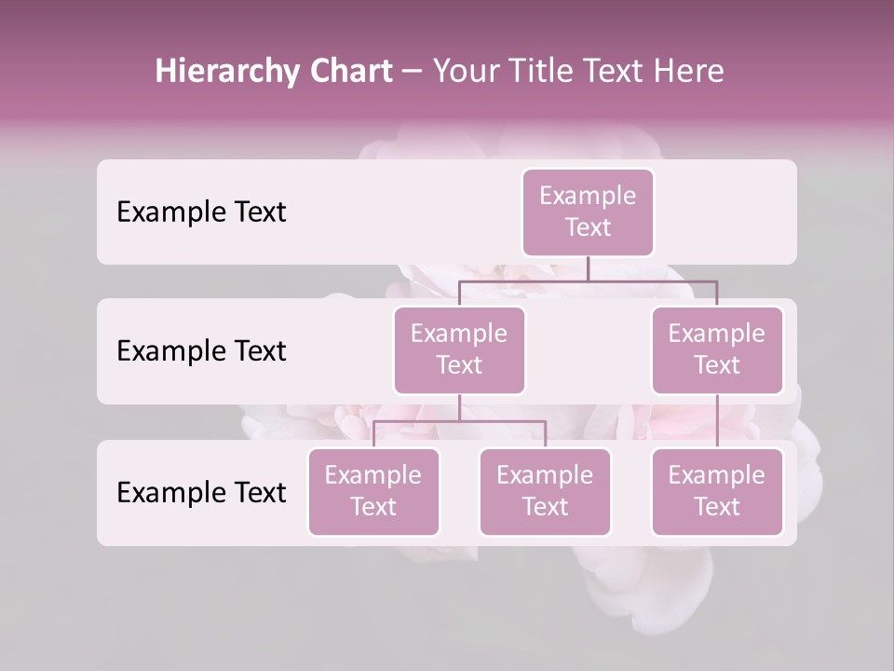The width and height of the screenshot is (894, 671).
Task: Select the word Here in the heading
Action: coord(690,71)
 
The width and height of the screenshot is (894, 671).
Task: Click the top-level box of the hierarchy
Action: coord(588,212)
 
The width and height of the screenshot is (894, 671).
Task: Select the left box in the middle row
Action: coord(459,349)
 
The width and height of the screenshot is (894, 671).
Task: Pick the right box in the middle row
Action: coord(717,349)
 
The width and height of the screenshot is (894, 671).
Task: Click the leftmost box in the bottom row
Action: coord(373,491)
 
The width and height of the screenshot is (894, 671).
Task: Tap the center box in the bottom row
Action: coord(545,491)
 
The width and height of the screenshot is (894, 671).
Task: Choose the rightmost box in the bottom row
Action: coord(717,491)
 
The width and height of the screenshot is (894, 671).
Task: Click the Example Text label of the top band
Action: coord(201,212)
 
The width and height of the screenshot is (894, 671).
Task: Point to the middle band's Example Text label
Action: coord(201,350)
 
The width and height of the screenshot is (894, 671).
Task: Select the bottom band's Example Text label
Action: coord(201,492)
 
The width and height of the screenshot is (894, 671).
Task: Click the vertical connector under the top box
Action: coord(588,268)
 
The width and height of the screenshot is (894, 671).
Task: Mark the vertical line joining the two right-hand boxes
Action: coord(717,421)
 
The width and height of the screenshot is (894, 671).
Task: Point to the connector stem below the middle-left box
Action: coord(459,407)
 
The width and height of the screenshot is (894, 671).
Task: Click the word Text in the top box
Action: coord(588,227)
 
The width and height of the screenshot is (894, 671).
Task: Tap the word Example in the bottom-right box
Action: coord(717,475)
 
